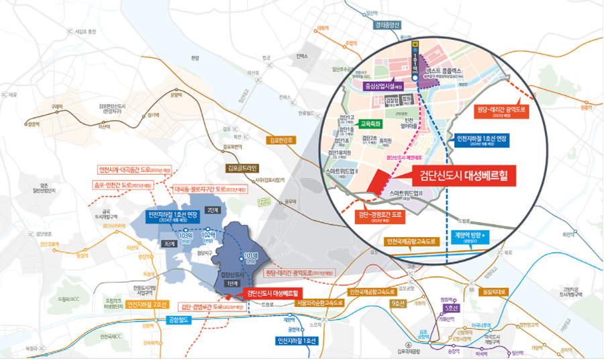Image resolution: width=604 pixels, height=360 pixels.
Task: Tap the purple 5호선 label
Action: [452, 308]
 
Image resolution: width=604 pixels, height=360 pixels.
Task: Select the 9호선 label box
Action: [399, 304]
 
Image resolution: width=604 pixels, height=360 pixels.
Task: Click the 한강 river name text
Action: [195, 58]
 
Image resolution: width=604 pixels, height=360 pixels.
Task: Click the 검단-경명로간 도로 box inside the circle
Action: [376, 217]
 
